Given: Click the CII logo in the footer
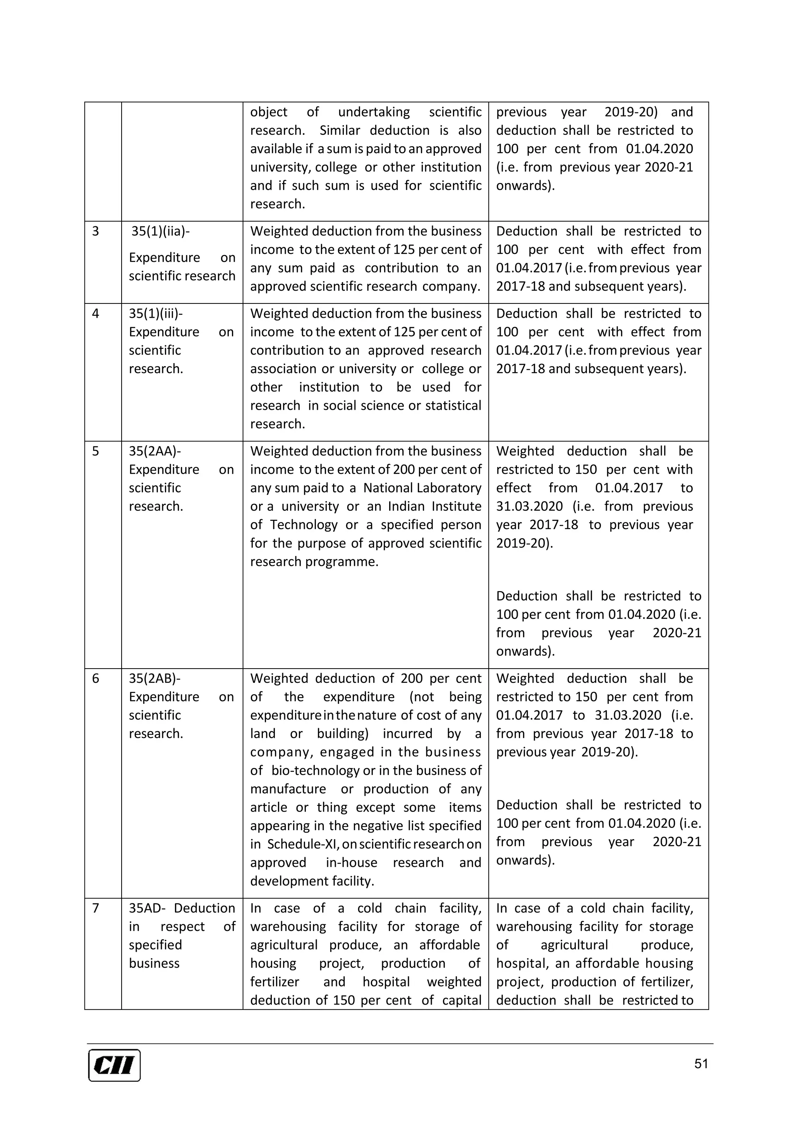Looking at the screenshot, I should pyautogui.click(x=114, y=1065).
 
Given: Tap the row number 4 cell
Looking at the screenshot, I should pyautogui.click(x=96, y=314).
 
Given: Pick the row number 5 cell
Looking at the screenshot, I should pyautogui.click(x=96, y=451).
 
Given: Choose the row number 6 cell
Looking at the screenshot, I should pyautogui.click(x=96, y=678).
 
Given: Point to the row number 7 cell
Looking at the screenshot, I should pyautogui.click(x=96, y=908).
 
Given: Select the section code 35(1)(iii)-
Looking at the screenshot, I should pyautogui.click(x=155, y=314).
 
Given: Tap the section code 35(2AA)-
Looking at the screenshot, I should pyautogui.click(x=155, y=451).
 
